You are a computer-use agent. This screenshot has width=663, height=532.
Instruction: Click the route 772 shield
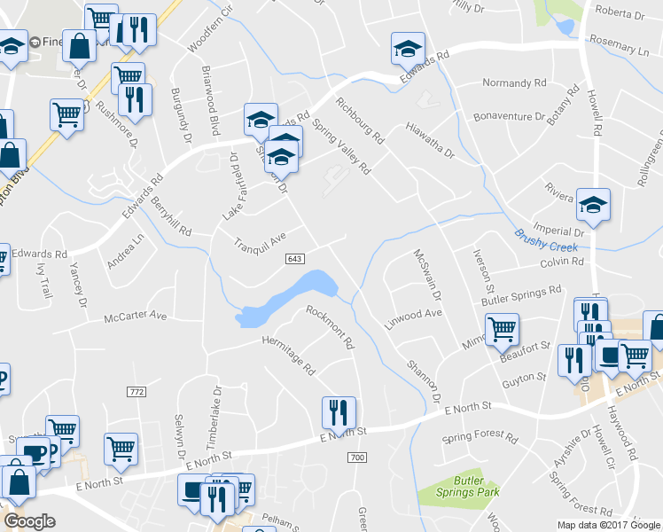pos(136,392)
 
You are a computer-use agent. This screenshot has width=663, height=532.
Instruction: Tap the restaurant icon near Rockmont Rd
pos(339,413)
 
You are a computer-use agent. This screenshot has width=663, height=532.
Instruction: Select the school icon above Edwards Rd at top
pos(408,50)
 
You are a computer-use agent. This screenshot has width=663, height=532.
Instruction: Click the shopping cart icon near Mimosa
pos(503,330)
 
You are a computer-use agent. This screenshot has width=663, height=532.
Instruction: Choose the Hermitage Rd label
pos(288,352)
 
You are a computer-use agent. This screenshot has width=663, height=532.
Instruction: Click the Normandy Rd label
pos(514,83)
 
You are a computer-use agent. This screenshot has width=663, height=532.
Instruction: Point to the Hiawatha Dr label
pos(429,140)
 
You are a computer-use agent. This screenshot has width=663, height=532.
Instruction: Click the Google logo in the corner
pos(29,521)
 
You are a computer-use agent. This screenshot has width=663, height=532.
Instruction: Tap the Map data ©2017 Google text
pos(607,525)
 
